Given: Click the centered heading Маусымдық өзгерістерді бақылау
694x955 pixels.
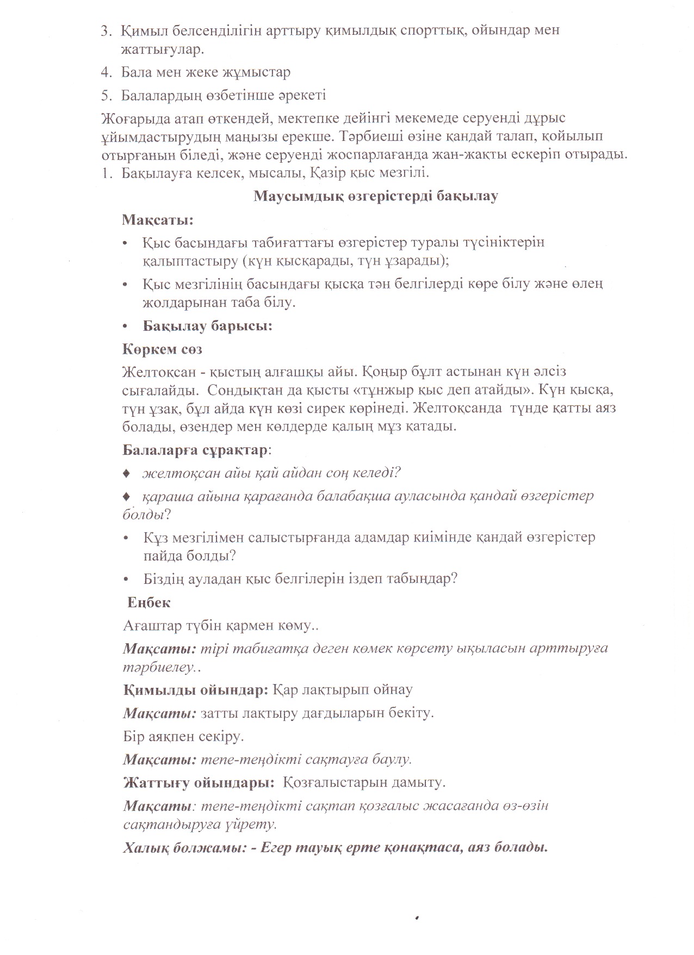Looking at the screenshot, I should (x=375, y=196).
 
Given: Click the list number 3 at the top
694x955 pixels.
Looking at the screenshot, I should (x=105, y=30).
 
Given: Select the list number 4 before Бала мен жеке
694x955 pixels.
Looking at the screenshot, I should (x=105, y=72).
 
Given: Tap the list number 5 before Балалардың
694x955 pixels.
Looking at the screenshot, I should (x=105, y=96).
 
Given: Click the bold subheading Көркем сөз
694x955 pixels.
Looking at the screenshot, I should (x=163, y=349).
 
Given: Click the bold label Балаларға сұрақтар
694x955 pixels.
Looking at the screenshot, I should (x=195, y=450).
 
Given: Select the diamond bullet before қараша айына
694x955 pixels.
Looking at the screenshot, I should (x=127, y=496).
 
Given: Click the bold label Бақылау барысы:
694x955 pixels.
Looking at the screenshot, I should (x=207, y=326).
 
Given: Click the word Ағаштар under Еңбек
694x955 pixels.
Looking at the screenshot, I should (x=149, y=626).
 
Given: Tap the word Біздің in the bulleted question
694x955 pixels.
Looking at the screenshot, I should (x=164, y=578).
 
